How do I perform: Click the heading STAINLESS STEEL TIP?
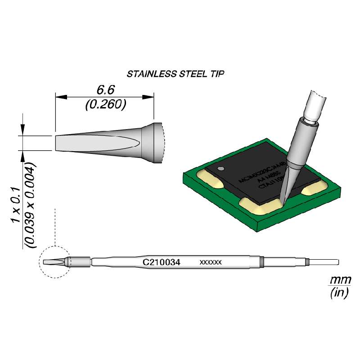[x=175, y=73]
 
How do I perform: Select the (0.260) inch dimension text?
[x=104, y=104]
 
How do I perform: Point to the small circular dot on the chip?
[x=220, y=169]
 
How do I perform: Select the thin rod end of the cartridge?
[x=323, y=262]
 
